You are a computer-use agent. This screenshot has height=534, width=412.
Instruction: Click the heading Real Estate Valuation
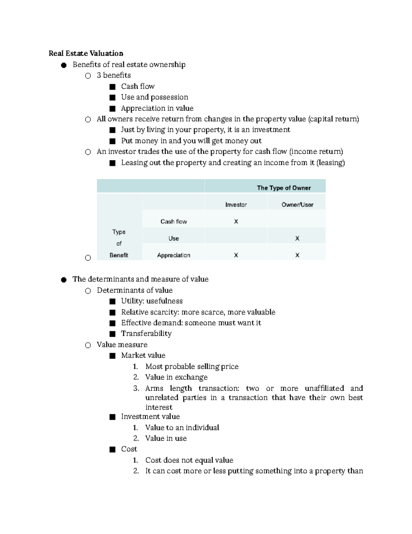pos(86,53)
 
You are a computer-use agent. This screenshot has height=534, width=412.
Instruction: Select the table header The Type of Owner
pos(284,188)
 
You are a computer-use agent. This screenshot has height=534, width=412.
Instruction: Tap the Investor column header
pos(236,205)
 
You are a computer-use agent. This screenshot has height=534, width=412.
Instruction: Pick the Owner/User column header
pos(297,205)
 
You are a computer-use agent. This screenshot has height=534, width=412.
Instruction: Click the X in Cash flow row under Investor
pos(236,221)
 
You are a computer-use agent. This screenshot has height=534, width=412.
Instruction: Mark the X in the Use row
pos(297,238)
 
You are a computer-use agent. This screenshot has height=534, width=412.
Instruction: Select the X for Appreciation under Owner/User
pos(297,255)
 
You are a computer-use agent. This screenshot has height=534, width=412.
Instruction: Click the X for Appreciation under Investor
pos(236,255)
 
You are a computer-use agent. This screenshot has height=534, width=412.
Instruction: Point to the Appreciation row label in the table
pos(173,255)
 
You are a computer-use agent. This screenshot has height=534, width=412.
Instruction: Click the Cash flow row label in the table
pos(173,221)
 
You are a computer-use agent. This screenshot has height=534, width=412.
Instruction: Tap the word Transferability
pos(146,334)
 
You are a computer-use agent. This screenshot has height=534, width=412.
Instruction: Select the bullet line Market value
pos(143,355)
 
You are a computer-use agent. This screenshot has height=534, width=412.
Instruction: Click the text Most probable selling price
pos(192,367)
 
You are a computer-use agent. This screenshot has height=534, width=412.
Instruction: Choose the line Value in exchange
pos(176,377)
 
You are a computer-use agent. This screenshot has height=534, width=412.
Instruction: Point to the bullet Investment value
pos(150,416)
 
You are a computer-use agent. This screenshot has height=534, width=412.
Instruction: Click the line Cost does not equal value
pos(189,460)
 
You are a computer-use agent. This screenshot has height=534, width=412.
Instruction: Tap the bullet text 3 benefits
pos(114,75)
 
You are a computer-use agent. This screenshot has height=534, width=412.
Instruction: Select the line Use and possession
pos(154,97)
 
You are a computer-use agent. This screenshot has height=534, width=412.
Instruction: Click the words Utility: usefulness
pos(152,301)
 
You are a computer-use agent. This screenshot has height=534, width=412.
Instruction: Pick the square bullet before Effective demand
pos(112,323)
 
